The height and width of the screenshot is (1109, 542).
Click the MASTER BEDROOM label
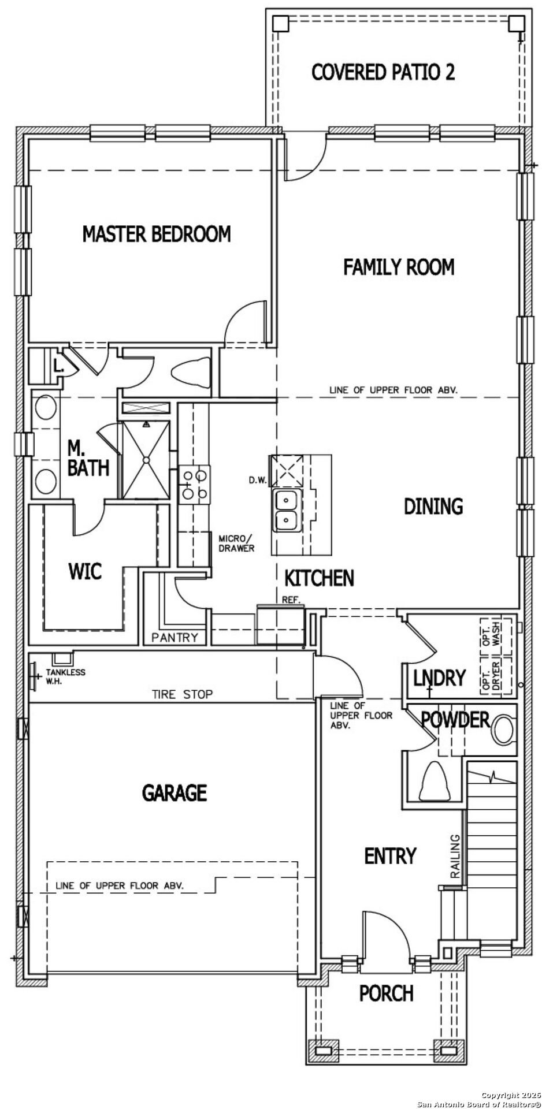[x=157, y=234]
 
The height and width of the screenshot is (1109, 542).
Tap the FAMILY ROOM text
[x=399, y=267]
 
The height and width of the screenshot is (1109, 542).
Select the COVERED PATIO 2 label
[x=383, y=72]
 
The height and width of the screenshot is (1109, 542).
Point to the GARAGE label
[x=175, y=792]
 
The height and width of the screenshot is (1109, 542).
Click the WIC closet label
[x=85, y=571]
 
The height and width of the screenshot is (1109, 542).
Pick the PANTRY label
[x=175, y=638]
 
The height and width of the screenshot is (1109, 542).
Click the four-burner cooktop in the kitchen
[x=194, y=485]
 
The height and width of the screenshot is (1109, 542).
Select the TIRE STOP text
[x=182, y=694]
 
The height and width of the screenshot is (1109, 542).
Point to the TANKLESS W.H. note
[x=65, y=676]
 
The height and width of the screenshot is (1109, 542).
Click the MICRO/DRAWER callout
[x=236, y=543]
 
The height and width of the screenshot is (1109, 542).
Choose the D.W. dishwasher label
[x=257, y=480]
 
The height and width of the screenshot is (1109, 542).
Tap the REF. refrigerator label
[x=291, y=600]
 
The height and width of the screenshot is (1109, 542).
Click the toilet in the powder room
[x=503, y=730]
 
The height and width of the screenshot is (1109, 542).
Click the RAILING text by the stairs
[x=455, y=856]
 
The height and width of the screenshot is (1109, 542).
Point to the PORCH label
[x=386, y=993]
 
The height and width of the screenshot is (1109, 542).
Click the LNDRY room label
[x=439, y=678]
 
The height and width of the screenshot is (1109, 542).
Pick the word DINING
[x=433, y=506]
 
